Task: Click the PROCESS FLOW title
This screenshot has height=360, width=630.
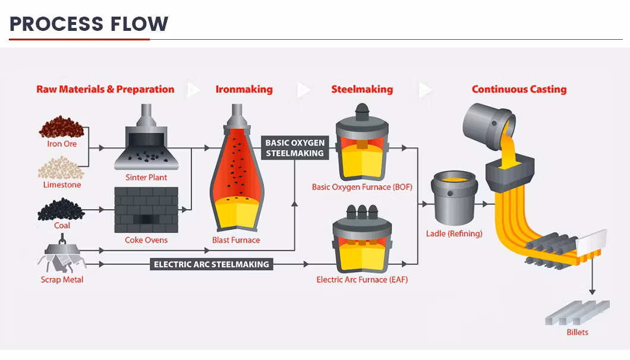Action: (x=89, y=24)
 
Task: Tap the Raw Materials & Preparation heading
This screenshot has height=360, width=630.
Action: (x=105, y=89)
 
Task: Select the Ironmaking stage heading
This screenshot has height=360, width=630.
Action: (x=244, y=89)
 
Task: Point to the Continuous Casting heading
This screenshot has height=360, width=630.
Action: (x=519, y=89)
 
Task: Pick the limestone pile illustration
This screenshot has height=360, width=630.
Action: (x=62, y=168)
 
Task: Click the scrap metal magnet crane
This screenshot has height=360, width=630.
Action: (x=62, y=254)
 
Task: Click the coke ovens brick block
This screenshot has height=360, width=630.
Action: (x=146, y=210)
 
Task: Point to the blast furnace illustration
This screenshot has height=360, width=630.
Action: (x=236, y=172)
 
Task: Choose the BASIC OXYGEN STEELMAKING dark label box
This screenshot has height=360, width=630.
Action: (x=295, y=148)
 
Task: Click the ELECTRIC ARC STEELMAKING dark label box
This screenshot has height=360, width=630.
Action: (x=212, y=264)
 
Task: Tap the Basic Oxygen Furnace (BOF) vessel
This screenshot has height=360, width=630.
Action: (x=362, y=146)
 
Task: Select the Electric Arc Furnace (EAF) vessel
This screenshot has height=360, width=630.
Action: (x=362, y=241)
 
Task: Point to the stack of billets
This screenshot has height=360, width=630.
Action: (x=577, y=312)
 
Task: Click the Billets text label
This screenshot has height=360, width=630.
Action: (x=577, y=332)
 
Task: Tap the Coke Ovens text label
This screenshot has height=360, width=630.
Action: (x=146, y=240)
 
